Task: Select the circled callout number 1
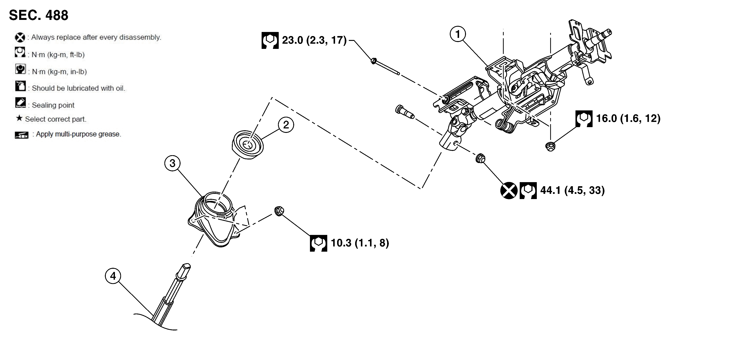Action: point(458,34)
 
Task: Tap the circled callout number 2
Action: point(286,125)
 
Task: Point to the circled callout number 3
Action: point(172,163)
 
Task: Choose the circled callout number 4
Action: point(113,276)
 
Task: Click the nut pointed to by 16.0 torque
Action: point(550,146)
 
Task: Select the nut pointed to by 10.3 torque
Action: point(279,211)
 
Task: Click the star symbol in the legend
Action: point(19,118)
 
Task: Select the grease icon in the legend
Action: point(22,135)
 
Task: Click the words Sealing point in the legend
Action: point(53,105)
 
